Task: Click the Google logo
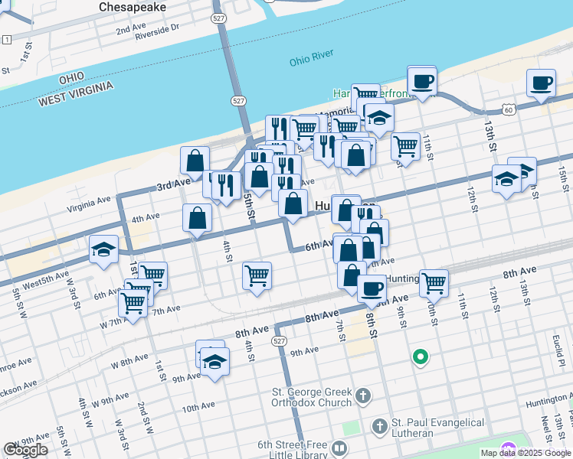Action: point(25,450)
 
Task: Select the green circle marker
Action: point(420,356)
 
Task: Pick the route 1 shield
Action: point(7,39)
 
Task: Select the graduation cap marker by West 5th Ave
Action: point(103,249)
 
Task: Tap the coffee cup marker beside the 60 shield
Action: point(541,83)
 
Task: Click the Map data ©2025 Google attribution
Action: point(526,453)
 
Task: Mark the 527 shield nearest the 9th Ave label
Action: point(280,342)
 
